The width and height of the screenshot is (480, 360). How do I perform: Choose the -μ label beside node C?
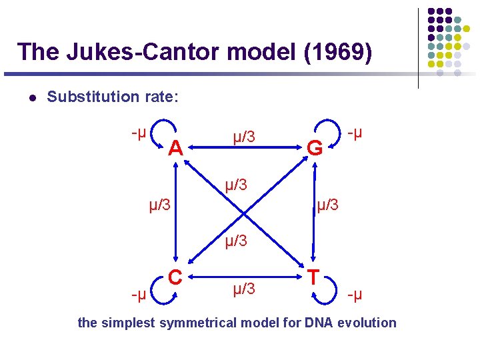(x=139, y=294)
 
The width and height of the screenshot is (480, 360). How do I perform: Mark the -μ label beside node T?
(x=355, y=294)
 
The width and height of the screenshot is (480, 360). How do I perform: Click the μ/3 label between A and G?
(x=244, y=137)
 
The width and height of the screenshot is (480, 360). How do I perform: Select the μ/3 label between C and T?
(x=244, y=289)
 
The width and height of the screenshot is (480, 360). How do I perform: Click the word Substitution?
(x=92, y=97)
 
